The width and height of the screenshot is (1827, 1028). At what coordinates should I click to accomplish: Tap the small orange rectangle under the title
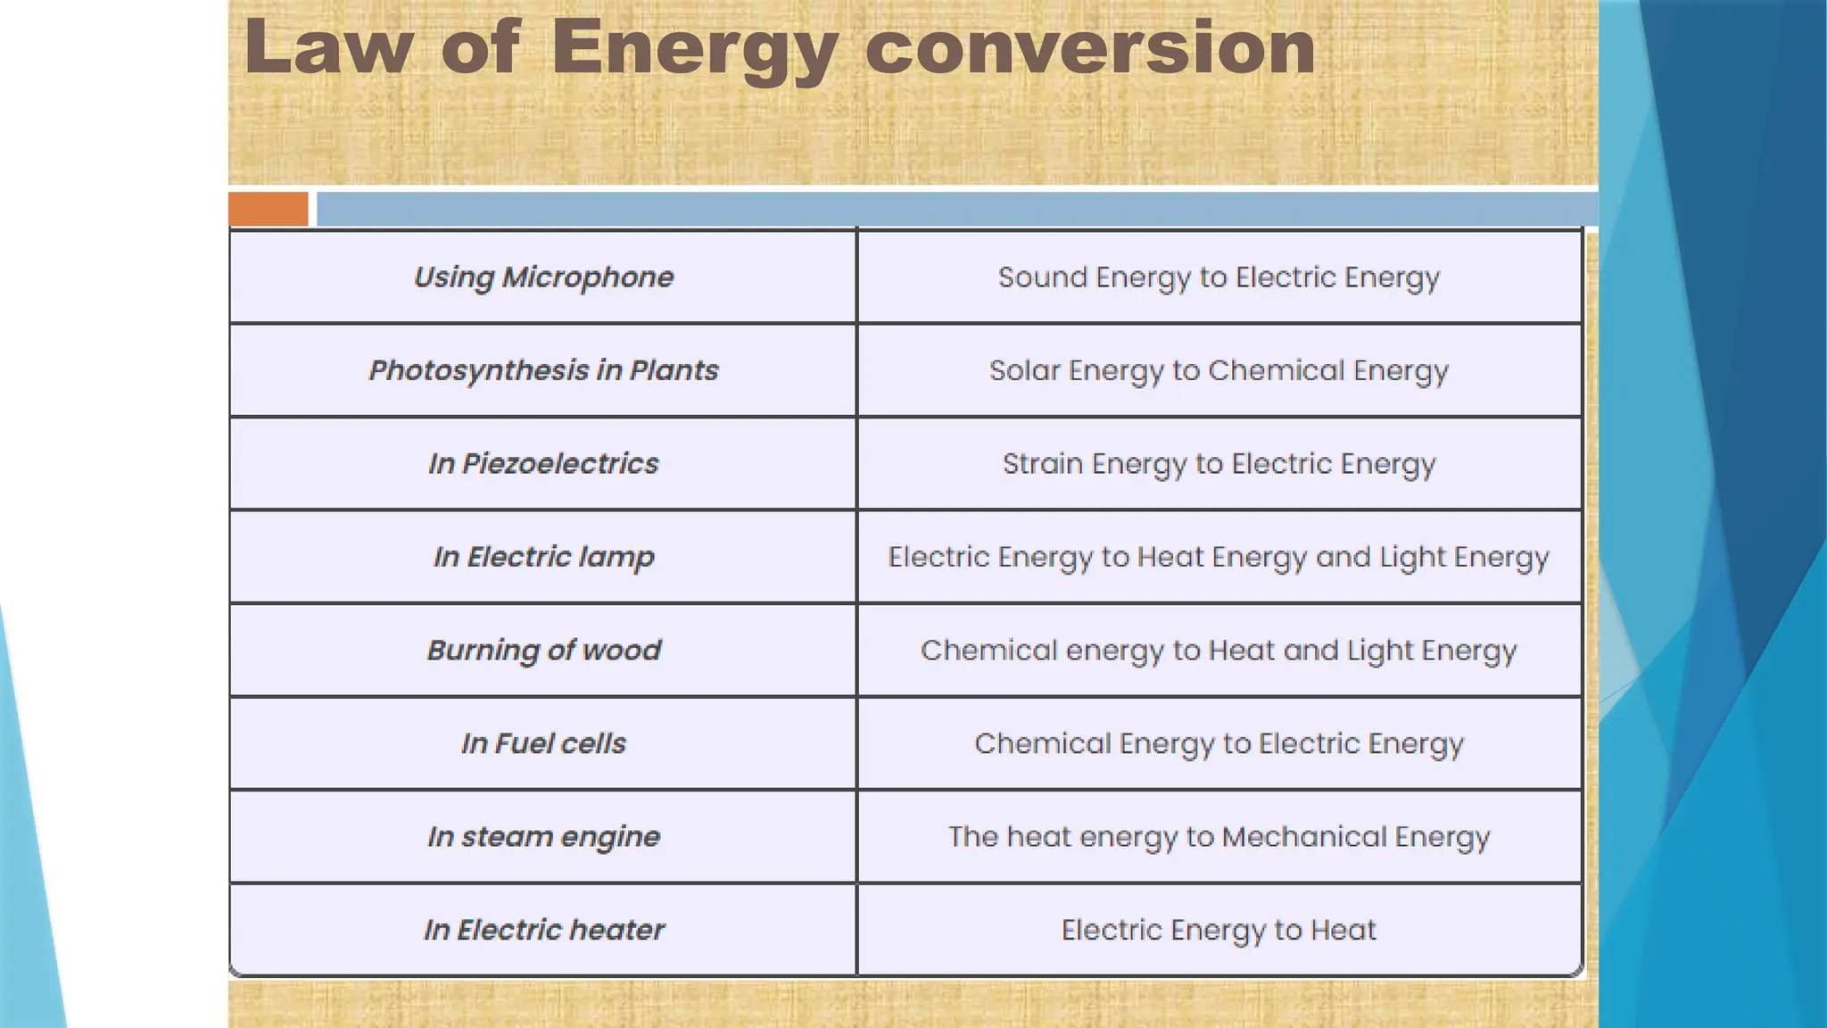pyautogui.click(x=268, y=209)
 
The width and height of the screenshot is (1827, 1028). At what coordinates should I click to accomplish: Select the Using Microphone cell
pyautogui.click(x=543, y=278)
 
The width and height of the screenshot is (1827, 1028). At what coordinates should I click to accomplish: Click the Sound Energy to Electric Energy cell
pyautogui.click(x=1219, y=278)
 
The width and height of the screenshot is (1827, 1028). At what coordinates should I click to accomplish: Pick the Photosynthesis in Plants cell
pyautogui.click(x=543, y=370)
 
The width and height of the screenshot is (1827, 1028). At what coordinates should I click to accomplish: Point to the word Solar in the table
pyautogui.click(x=1024, y=370)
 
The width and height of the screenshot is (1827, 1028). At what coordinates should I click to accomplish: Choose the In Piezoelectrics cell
pyautogui.click(x=543, y=464)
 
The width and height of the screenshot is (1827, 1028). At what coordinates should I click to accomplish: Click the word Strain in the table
pyautogui.click(x=1042, y=464)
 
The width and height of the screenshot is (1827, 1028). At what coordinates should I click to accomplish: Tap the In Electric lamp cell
pyautogui.click(x=543, y=557)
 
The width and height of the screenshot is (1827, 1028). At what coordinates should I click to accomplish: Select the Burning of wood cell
pyautogui.click(x=543, y=651)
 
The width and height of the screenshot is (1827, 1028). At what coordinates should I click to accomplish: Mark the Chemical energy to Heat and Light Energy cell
pyautogui.click(x=1219, y=651)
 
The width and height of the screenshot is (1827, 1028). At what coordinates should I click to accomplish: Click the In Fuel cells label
pyautogui.click(x=543, y=743)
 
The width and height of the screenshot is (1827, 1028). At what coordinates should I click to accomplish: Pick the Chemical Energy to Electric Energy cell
pyautogui.click(x=1219, y=743)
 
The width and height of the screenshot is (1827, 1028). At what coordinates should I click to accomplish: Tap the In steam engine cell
pyautogui.click(x=543, y=837)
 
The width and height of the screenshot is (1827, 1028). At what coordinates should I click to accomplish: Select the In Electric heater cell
pyautogui.click(x=543, y=930)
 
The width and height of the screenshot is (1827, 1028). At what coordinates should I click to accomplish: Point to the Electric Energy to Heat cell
pyautogui.click(x=1219, y=930)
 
